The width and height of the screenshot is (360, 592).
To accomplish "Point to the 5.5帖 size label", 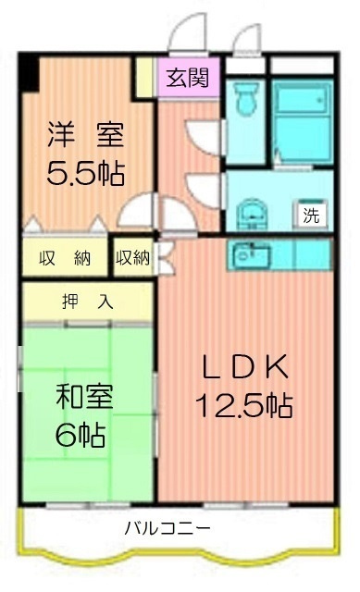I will [x=86, y=173].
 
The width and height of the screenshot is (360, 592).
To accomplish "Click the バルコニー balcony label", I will [x=168, y=529].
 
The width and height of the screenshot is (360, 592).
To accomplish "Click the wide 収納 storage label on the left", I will [x=65, y=258].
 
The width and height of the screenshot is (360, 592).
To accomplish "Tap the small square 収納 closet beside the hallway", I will [x=133, y=258].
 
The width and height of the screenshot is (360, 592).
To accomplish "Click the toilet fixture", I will [x=245, y=101].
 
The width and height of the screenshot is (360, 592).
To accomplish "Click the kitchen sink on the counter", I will [x=249, y=253].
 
